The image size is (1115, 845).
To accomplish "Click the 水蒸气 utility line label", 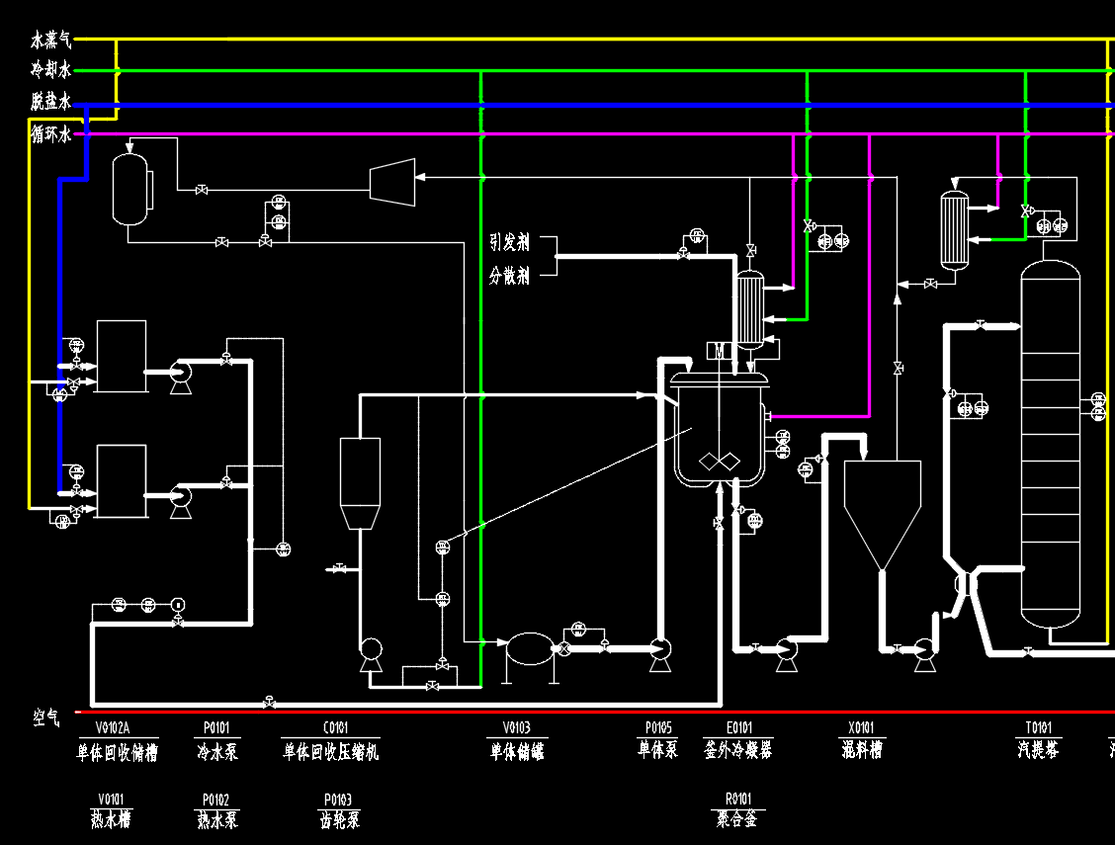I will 51,41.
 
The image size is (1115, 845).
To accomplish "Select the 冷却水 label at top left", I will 51,71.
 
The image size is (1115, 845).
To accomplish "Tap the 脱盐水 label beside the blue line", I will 51,102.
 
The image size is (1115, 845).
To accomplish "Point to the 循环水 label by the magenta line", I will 51,133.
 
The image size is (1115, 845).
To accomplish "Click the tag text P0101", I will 216,729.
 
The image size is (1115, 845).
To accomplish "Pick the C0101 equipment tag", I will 330,729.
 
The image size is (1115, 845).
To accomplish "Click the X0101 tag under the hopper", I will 863,729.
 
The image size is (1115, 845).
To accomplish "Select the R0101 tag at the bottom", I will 737,799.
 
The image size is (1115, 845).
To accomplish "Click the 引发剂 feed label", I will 509,242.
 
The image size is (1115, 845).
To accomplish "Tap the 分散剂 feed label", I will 509,276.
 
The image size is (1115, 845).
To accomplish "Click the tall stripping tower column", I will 1050,445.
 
